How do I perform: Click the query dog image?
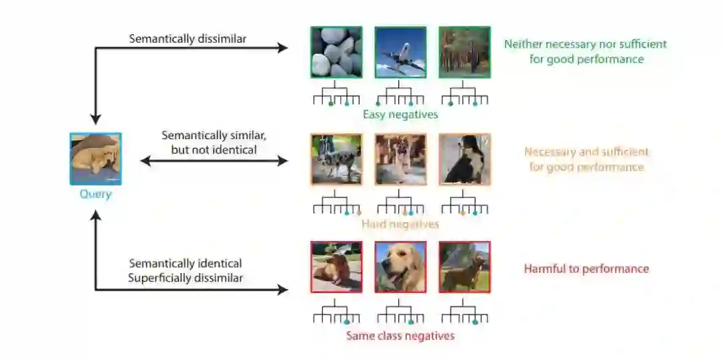[x=96, y=159]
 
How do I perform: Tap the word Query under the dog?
[x=96, y=195]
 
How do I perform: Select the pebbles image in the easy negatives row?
[x=336, y=52]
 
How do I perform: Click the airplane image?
[x=400, y=52]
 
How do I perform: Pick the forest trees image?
[x=464, y=52]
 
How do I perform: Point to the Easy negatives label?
[x=400, y=114]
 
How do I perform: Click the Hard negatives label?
[x=400, y=224]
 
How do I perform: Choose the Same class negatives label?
[x=400, y=335]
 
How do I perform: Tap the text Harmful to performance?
[x=586, y=269]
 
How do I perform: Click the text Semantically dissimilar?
[x=187, y=39]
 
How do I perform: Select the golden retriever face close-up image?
[x=400, y=267]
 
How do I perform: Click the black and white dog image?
[x=464, y=159]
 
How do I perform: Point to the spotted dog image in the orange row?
[x=336, y=159]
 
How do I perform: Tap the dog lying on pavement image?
[x=336, y=267]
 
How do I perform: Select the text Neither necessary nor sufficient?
[x=586, y=44]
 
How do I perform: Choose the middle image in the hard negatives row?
[x=400, y=159]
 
